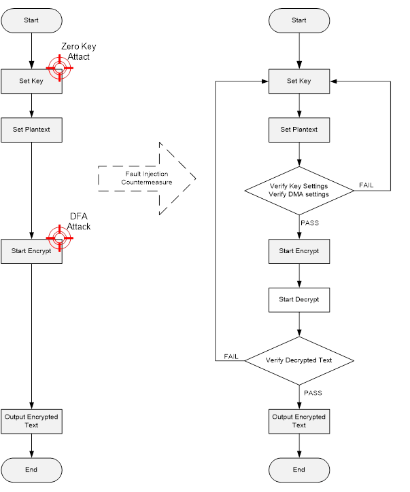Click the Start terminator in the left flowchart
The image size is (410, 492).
click(31, 20)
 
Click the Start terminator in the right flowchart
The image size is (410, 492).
click(299, 20)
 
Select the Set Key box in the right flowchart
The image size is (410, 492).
click(299, 81)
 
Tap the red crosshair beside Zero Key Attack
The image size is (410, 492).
click(59, 68)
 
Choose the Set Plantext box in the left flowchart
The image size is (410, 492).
click(31, 129)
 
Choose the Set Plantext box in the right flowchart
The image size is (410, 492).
click(299, 129)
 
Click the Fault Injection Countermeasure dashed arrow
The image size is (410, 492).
click(146, 178)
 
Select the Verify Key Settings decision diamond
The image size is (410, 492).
click(299, 191)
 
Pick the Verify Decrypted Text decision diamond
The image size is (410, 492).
click(299, 360)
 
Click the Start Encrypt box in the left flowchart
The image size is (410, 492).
click(31, 251)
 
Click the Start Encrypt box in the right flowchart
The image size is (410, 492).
click(299, 251)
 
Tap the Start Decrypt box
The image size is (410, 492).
click(299, 299)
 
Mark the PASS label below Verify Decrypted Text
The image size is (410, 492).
click(313, 392)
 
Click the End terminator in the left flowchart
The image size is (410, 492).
click(31, 469)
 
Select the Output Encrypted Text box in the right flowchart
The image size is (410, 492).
click(299, 421)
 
